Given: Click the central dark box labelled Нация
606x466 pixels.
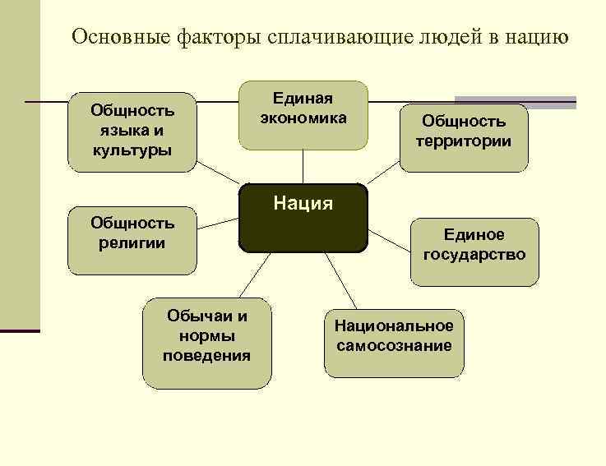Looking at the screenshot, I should click(303, 219).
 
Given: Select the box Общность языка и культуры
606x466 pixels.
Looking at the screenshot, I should click(132, 131).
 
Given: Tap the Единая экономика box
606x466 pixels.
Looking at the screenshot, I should click(303, 115).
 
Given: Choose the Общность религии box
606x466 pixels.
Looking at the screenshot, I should click(132, 239).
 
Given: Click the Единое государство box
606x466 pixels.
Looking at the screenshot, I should click(474, 251).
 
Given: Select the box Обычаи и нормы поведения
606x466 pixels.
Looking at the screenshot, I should click(206, 342).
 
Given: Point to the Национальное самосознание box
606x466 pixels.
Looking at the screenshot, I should click(393, 342).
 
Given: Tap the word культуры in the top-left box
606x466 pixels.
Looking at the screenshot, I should click(132, 150).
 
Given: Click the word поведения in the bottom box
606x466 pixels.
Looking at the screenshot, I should click(206, 356).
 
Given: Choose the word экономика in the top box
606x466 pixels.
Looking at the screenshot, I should click(303, 118).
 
